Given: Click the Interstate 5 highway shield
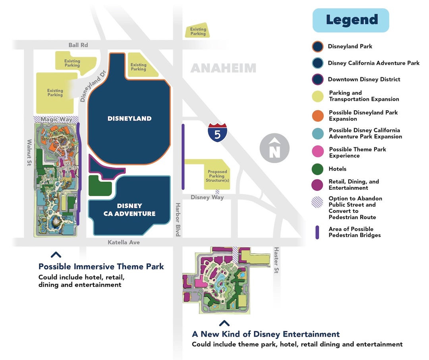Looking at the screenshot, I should [217, 133].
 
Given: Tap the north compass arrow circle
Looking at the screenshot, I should [274, 148].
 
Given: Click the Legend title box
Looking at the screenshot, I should [351, 20].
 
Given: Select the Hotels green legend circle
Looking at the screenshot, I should [318, 169].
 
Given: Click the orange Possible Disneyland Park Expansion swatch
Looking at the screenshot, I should [318, 116].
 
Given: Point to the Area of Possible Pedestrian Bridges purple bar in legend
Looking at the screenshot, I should [317, 232].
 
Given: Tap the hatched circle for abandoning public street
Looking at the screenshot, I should [318, 202].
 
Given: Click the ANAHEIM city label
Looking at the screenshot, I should [223, 68].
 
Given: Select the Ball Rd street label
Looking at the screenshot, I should [78, 45].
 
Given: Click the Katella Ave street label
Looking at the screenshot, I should [124, 242].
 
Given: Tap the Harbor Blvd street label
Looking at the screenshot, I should [178, 219].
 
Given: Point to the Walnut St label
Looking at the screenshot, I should [29, 152].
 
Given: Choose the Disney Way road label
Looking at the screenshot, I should [207, 197].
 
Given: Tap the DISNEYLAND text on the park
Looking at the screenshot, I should [129, 118].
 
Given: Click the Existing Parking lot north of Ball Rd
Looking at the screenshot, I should [198, 31].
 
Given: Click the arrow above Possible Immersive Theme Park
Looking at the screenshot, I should [56, 255].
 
